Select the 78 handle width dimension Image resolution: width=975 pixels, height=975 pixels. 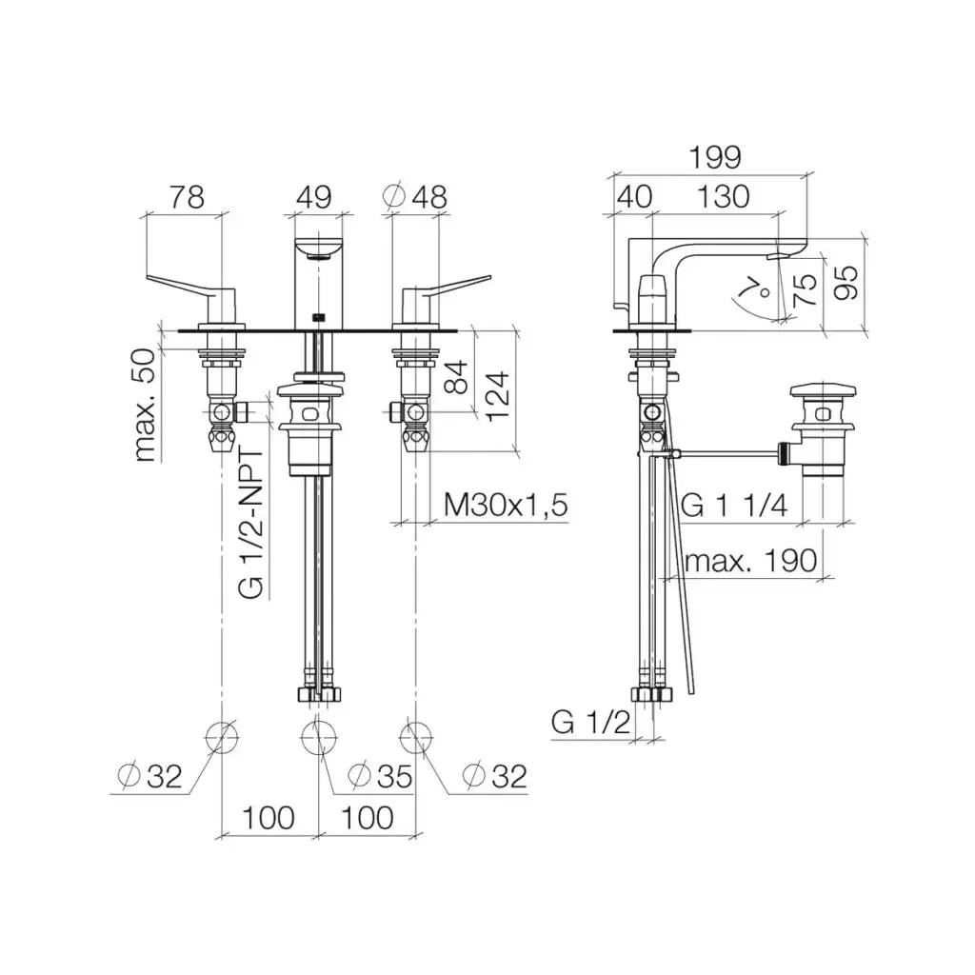(187, 197)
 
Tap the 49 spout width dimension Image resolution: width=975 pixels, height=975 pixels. (313, 197)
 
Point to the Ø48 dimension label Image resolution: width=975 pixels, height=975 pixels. (415, 197)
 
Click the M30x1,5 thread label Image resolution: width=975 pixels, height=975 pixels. (506, 505)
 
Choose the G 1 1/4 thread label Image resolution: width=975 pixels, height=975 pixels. (734, 505)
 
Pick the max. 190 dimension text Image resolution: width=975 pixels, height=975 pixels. (750, 561)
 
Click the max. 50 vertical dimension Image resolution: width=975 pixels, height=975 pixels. (145, 405)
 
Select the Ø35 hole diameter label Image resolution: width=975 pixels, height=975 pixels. (380, 776)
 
